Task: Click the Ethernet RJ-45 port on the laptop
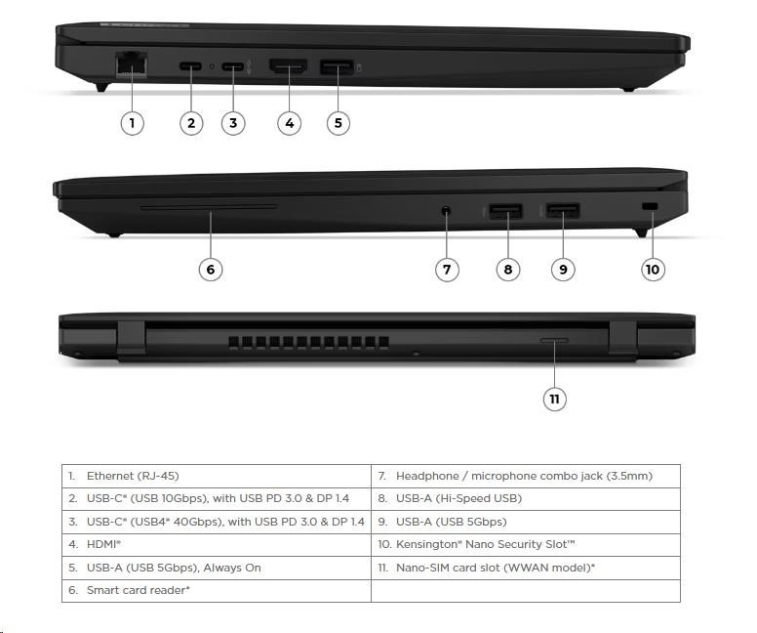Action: [x=132, y=63]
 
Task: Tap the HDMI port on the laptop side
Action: [x=288, y=66]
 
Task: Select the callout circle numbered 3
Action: [x=233, y=123]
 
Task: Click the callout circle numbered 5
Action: [x=338, y=123]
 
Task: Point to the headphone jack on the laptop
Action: [x=447, y=211]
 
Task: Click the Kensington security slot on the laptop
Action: [x=651, y=206]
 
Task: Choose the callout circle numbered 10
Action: [x=653, y=270]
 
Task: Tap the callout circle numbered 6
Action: [x=211, y=270]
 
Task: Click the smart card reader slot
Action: [x=209, y=207]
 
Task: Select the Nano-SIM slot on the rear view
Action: [x=554, y=341]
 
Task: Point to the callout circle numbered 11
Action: [x=554, y=399]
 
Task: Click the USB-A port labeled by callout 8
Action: [x=505, y=211]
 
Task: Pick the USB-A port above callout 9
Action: [x=563, y=211]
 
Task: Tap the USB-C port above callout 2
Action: [x=190, y=65]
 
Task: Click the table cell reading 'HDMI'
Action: [x=217, y=544]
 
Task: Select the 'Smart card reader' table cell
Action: [x=217, y=590]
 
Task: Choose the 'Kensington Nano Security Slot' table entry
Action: [x=526, y=544]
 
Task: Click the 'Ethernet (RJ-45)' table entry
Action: [x=217, y=476]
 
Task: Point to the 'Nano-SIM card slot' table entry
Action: [x=526, y=568]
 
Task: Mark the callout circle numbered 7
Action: [x=447, y=270]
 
